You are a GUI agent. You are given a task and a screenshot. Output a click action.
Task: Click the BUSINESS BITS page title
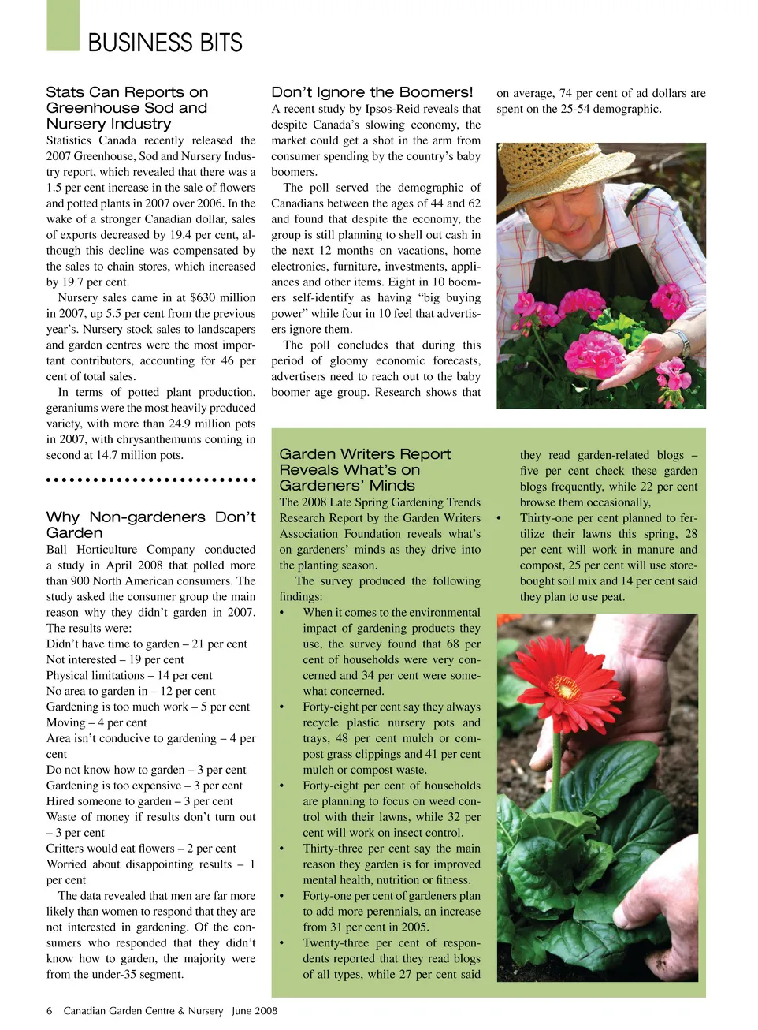pyautogui.click(x=165, y=43)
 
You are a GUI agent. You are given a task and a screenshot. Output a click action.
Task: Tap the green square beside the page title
pyautogui.click(x=63, y=25)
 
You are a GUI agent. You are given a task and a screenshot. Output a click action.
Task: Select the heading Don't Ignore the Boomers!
pyautogui.click(x=372, y=92)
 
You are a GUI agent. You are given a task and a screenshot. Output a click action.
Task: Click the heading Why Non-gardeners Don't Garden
pyautogui.click(x=150, y=524)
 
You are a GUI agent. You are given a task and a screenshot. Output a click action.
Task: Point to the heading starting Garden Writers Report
pyautogui.click(x=365, y=469)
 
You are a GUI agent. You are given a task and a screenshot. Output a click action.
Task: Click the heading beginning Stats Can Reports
pyautogui.click(x=127, y=108)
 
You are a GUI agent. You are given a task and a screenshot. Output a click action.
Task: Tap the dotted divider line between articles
pyautogui.click(x=150, y=480)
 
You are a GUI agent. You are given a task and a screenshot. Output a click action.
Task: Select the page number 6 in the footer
pyautogui.click(x=49, y=1010)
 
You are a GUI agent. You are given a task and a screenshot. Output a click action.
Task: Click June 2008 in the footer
pyautogui.click(x=255, y=1010)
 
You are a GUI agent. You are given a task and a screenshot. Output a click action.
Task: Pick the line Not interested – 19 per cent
pyautogui.click(x=115, y=659)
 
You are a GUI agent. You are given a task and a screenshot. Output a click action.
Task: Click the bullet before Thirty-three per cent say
pyautogui.click(x=282, y=849)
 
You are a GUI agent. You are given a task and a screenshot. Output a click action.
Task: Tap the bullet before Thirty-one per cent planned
pyautogui.click(x=499, y=518)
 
